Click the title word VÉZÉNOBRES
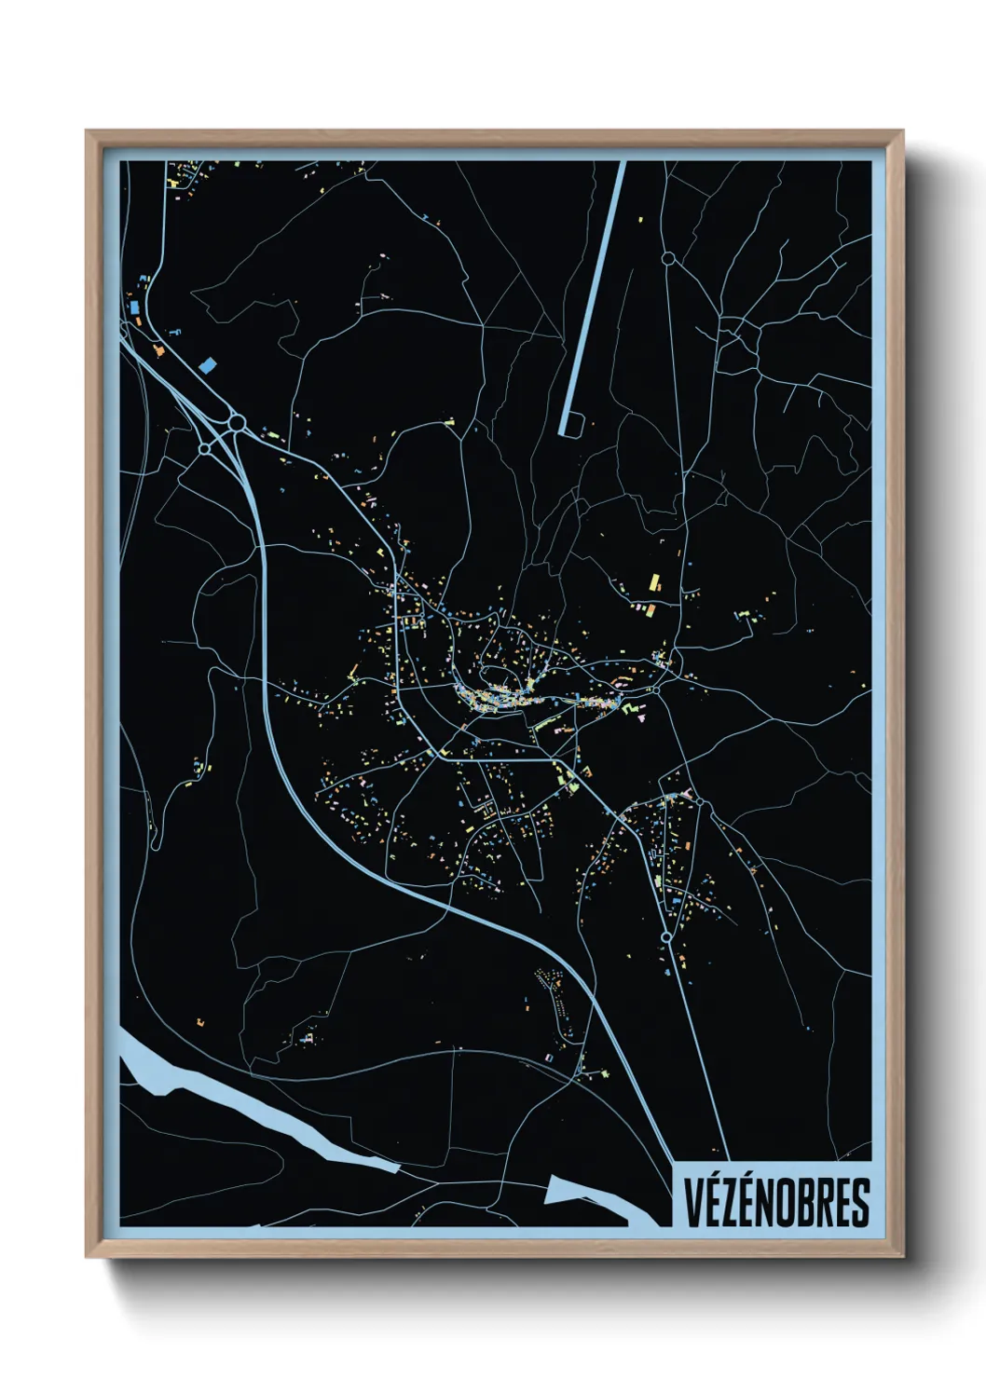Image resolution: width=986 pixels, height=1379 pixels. click(777, 1202)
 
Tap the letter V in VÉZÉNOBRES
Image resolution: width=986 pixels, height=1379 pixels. click(695, 1202)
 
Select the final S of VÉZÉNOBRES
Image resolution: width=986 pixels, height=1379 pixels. click(859, 1202)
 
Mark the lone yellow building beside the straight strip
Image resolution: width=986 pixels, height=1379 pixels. click(640, 220)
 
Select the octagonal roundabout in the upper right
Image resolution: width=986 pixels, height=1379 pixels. click(667, 257)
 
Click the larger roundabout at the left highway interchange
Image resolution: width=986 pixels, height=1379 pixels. click(237, 425)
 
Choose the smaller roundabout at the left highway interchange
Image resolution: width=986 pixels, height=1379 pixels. click(204, 449)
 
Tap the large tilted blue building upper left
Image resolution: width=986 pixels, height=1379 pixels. click(206, 364)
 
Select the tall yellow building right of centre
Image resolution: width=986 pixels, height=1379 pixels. click(654, 583)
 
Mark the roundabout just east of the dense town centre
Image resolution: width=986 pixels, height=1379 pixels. click(655, 690)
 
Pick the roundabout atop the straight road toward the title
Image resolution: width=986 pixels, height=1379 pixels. click(666, 936)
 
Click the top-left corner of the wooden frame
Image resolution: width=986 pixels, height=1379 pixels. click(87, 131)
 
